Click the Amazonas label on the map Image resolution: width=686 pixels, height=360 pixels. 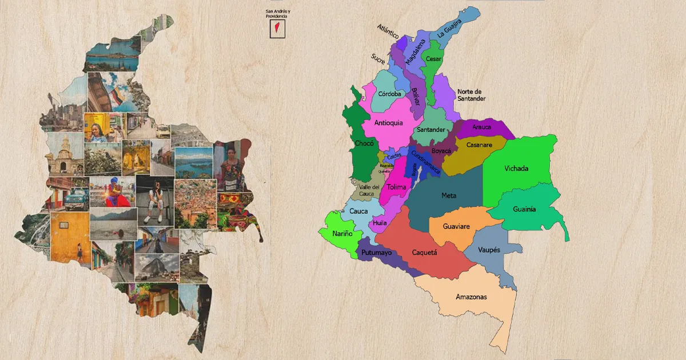tap(471, 297)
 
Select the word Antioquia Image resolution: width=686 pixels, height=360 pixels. tap(389, 122)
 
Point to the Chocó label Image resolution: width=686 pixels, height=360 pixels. tap(364, 143)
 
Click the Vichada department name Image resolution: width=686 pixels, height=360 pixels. tap(516, 169)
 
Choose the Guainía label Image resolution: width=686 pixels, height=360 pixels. tap(524, 209)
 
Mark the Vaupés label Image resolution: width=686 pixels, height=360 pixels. tap(489, 250)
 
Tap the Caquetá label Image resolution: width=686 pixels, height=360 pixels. tap(424, 252)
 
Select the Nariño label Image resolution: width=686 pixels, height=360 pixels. tap(343, 233)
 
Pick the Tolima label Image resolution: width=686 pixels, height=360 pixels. tap(396, 187)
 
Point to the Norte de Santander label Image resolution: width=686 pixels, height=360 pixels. tap(471, 95)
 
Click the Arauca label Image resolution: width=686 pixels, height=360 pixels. tap(481, 127)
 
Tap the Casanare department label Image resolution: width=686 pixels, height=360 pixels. tap(479, 145)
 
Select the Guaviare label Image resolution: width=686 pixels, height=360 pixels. tap(456, 226)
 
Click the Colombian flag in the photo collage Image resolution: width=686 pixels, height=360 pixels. tap(117, 96)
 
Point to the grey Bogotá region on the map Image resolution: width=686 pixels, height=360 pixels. tap(414, 168)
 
